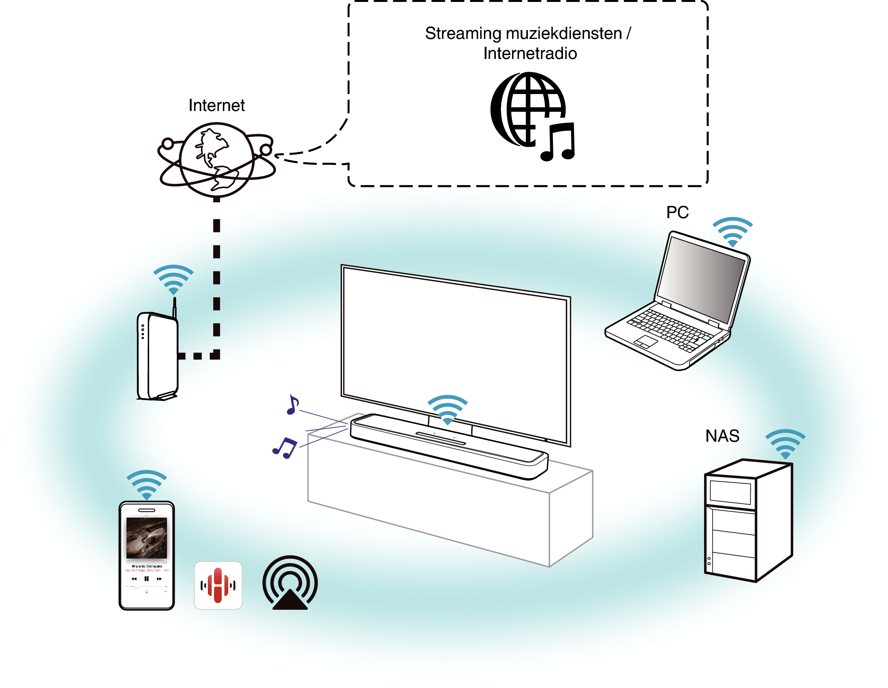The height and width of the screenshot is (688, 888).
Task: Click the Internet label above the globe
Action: tap(216, 105)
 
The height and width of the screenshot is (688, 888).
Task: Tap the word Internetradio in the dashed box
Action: tap(529, 53)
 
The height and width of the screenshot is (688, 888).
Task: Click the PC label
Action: tap(677, 212)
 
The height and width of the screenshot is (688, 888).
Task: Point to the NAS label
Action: tap(722, 436)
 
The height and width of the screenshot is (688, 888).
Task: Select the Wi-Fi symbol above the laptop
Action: tap(732, 231)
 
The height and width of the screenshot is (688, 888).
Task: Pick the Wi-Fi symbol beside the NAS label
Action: tap(785, 443)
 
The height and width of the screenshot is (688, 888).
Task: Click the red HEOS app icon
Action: tap(218, 585)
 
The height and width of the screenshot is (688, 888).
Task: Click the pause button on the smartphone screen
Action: tap(147, 578)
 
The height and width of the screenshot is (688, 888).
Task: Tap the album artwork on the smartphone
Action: tap(147, 537)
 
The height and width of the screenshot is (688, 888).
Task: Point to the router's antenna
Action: tap(174, 307)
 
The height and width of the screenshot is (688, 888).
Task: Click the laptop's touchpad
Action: tap(646, 341)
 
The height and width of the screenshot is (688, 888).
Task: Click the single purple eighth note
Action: tap(292, 404)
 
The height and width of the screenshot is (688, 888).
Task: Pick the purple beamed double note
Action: tap(285, 447)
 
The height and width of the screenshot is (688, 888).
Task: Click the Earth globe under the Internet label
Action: tap(216, 160)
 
